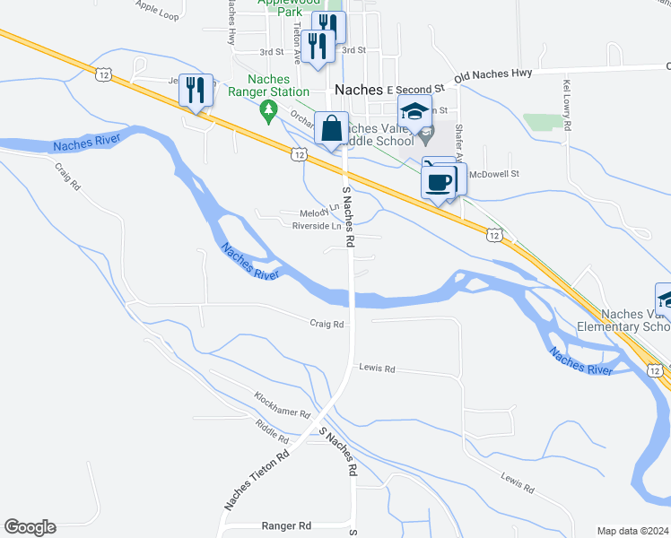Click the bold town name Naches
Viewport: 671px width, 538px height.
[358, 90]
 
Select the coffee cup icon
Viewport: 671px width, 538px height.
[438, 181]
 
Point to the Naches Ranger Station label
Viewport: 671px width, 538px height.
[267, 85]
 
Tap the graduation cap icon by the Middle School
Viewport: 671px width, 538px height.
[414, 112]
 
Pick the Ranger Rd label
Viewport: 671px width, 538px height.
[285, 525]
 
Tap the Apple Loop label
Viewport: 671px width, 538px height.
[157, 11]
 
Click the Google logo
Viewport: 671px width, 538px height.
[29, 527]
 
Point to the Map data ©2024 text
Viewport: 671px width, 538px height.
[632, 531]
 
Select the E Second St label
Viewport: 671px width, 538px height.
[416, 90]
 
